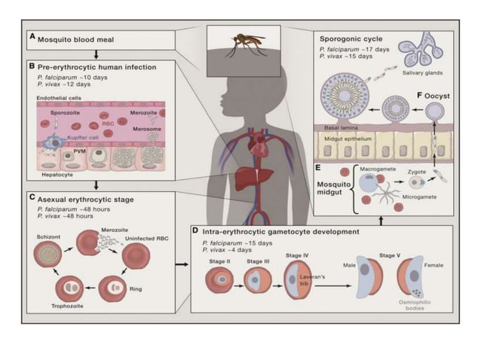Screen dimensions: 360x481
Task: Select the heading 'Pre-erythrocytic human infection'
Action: [x=97, y=66]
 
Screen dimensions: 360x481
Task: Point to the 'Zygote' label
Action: [x=416, y=171]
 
